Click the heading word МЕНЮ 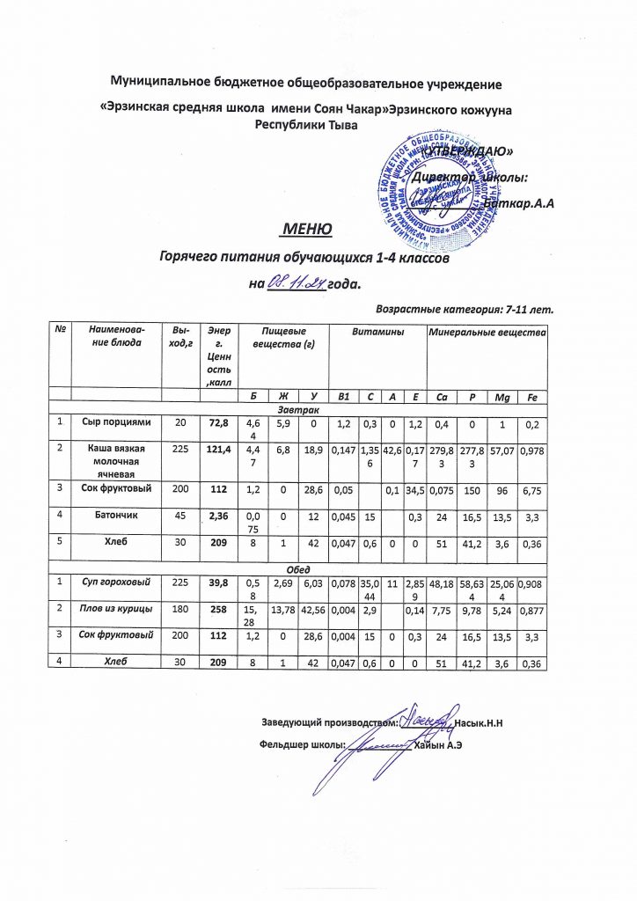(305, 231)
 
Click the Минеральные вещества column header (487, 331)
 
